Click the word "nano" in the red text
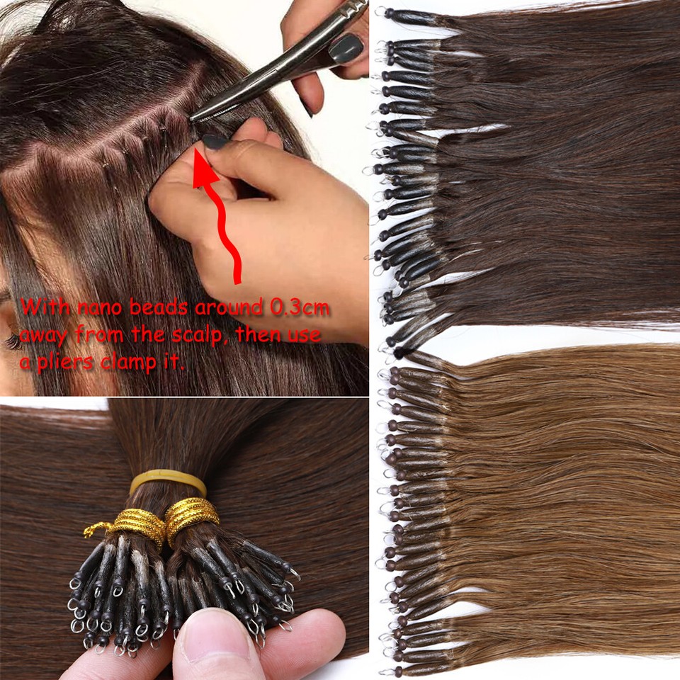92,309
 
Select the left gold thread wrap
139,524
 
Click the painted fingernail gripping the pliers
346,50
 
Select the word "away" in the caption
44,334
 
